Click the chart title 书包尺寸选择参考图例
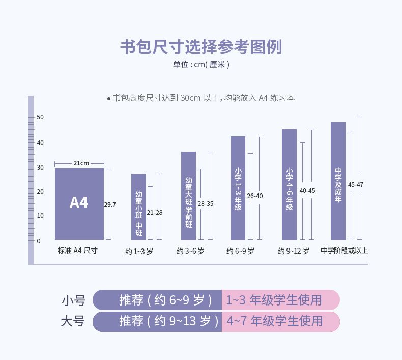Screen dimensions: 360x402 click(x=200, y=47)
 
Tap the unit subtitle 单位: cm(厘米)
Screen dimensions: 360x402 click(x=201, y=65)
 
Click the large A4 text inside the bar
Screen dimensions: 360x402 click(x=79, y=203)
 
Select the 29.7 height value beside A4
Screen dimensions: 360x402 click(x=110, y=204)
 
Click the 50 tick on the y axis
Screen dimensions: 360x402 click(x=40, y=118)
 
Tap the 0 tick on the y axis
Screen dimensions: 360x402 click(x=38, y=240)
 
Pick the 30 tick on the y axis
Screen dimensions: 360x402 click(x=40, y=167)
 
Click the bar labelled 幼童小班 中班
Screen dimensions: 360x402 click(x=138, y=207)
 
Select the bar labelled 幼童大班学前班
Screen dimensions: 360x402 click(x=188, y=196)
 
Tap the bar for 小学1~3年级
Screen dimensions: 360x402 click(x=238, y=188)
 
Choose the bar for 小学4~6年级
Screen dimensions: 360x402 click(x=289, y=185)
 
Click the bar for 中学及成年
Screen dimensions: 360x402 click(x=338, y=181)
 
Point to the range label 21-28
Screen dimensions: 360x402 click(x=155, y=212)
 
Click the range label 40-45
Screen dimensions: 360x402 click(x=307, y=191)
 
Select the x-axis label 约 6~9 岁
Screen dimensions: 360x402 click(x=240, y=251)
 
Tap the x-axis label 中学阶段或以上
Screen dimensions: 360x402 click(x=344, y=251)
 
